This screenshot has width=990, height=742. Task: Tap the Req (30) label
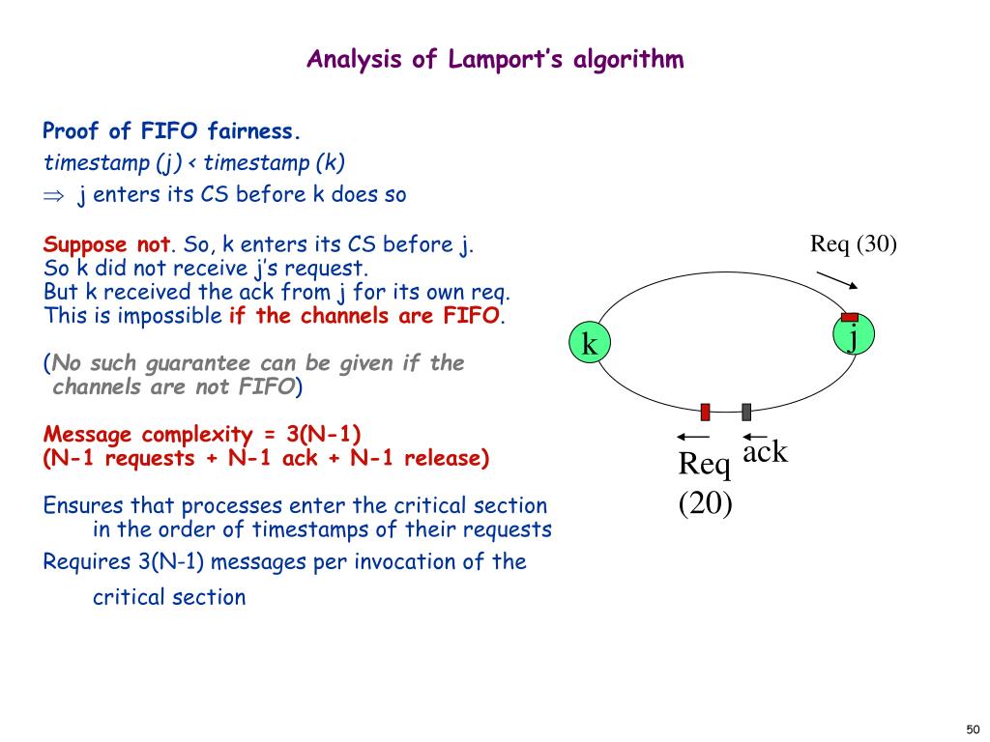coord(854,244)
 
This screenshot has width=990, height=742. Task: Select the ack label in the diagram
coord(765,451)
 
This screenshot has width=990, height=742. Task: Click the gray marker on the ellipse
coord(746,412)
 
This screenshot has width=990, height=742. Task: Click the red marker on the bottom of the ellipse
coord(706,412)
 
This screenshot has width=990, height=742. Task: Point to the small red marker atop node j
coord(850,317)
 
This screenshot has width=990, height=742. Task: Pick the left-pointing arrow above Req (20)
coord(694,437)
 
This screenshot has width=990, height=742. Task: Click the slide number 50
coord(973,728)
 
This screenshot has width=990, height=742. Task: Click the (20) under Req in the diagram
coord(705,503)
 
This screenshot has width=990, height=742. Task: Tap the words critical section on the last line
coord(169,597)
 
